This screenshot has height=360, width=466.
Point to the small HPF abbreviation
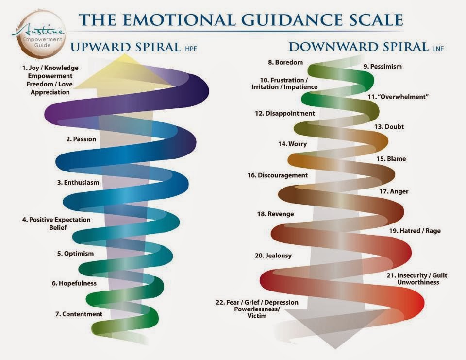189,50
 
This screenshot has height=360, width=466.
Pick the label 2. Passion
81,139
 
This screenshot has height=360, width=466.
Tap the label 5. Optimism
75,254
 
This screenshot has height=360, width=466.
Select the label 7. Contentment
79,314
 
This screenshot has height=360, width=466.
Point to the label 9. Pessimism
383,66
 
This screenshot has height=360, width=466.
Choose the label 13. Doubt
389,127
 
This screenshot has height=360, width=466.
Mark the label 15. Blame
391,159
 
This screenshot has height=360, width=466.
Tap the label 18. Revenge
275,214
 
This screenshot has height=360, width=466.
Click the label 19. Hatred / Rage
414,231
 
